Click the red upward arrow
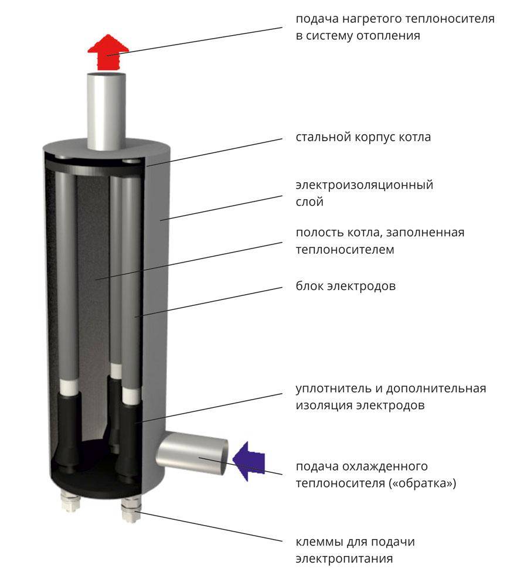tap(107, 52)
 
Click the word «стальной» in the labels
tap(322, 138)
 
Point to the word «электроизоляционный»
tap(364, 186)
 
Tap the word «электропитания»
tap(344, 558)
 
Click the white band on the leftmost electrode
tap(69, 387)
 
